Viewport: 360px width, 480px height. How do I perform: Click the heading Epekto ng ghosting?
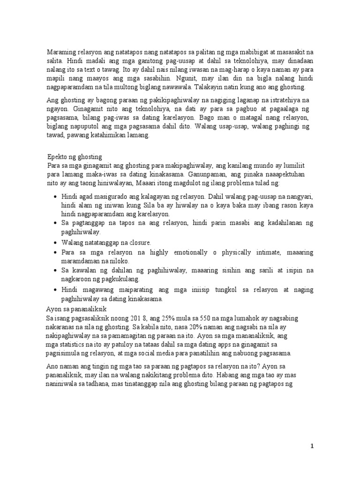pos(75,156)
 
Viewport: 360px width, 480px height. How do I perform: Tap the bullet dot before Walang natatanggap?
pos(56,243)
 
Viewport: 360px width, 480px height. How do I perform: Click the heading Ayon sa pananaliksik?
pos(77,310)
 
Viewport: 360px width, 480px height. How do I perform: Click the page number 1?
pos(312,446)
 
